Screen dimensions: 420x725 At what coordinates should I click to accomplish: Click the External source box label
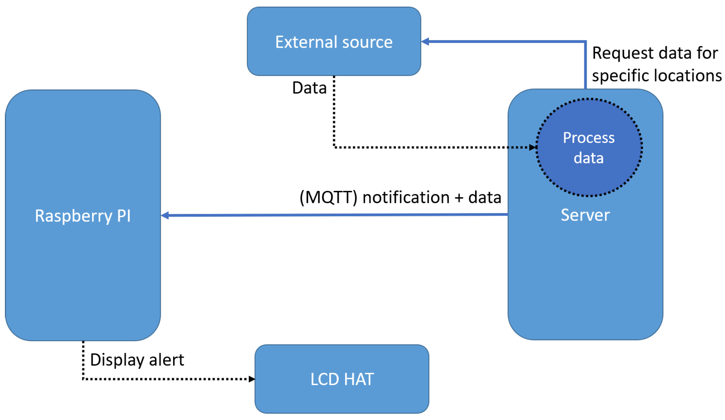coord(334,42)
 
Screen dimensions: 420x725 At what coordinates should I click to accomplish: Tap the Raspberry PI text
coord(83,216)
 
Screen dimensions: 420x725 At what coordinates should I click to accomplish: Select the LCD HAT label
coord(342,379)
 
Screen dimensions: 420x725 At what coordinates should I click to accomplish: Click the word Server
coord(585,215)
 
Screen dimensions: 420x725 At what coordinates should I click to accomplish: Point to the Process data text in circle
coord(589,148)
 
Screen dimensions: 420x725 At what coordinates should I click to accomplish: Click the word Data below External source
coord(309,88)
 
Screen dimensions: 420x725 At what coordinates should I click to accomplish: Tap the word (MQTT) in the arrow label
coord(328,197)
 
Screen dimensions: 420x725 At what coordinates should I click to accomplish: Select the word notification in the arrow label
coord(406,197)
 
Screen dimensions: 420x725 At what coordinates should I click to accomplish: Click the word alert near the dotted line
coord(167,360)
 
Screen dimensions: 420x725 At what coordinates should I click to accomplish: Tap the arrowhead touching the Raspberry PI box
coord(165,215)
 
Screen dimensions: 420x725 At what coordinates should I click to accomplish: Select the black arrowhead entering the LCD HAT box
coord(252,379)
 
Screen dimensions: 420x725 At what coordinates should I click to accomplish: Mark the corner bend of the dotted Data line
coord(334,147)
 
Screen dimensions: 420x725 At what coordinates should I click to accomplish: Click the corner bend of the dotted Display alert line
coord(83,379)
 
